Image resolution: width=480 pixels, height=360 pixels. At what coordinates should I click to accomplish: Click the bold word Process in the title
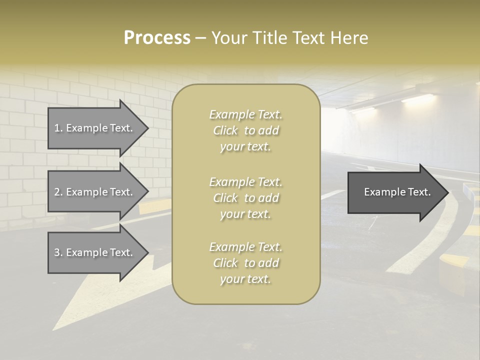tap(157, 38)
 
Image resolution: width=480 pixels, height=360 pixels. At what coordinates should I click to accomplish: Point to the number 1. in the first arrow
tap(58, 128)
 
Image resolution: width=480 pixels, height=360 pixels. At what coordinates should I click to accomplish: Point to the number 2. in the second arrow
tap(58, 192)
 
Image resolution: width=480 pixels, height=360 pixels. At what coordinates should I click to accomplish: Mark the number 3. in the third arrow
tap(58, 252)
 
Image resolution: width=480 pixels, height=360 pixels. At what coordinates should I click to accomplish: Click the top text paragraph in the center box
tap(245, 130)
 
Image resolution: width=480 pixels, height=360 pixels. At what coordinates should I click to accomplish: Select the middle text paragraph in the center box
tap(245, 198)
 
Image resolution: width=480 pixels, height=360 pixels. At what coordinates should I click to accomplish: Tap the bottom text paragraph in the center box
tap(245, 263)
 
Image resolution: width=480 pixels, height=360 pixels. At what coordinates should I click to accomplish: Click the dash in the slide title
tap(200, 38)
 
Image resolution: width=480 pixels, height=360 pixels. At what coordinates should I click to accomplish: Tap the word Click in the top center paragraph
tap(225, 130)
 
